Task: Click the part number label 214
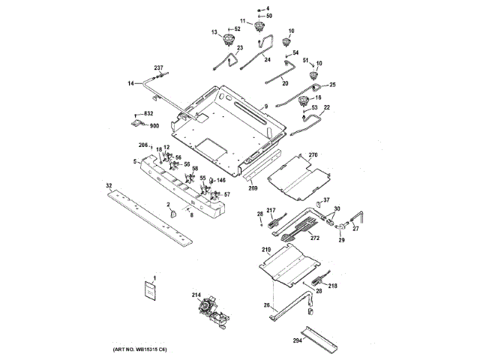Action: (x=196, y=295)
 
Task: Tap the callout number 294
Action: (x=298, y=340)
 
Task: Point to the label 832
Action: (x=148, y=112)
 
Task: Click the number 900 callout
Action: (x=154, y=126)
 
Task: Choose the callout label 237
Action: (x=158, y=68)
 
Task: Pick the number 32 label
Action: (x=109, y=185)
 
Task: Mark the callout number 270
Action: (x=313, y=154)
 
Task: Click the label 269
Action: (x=253, y=188)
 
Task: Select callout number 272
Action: (x=315, y=237)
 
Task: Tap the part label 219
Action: (x=265, y=249)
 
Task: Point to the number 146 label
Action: (x=221, y=180)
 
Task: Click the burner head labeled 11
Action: (x=261, y=28)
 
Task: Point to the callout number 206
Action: (x=143, y=144)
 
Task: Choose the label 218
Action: (x=333, y=286)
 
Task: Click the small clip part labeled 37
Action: (x=317, y=207)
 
